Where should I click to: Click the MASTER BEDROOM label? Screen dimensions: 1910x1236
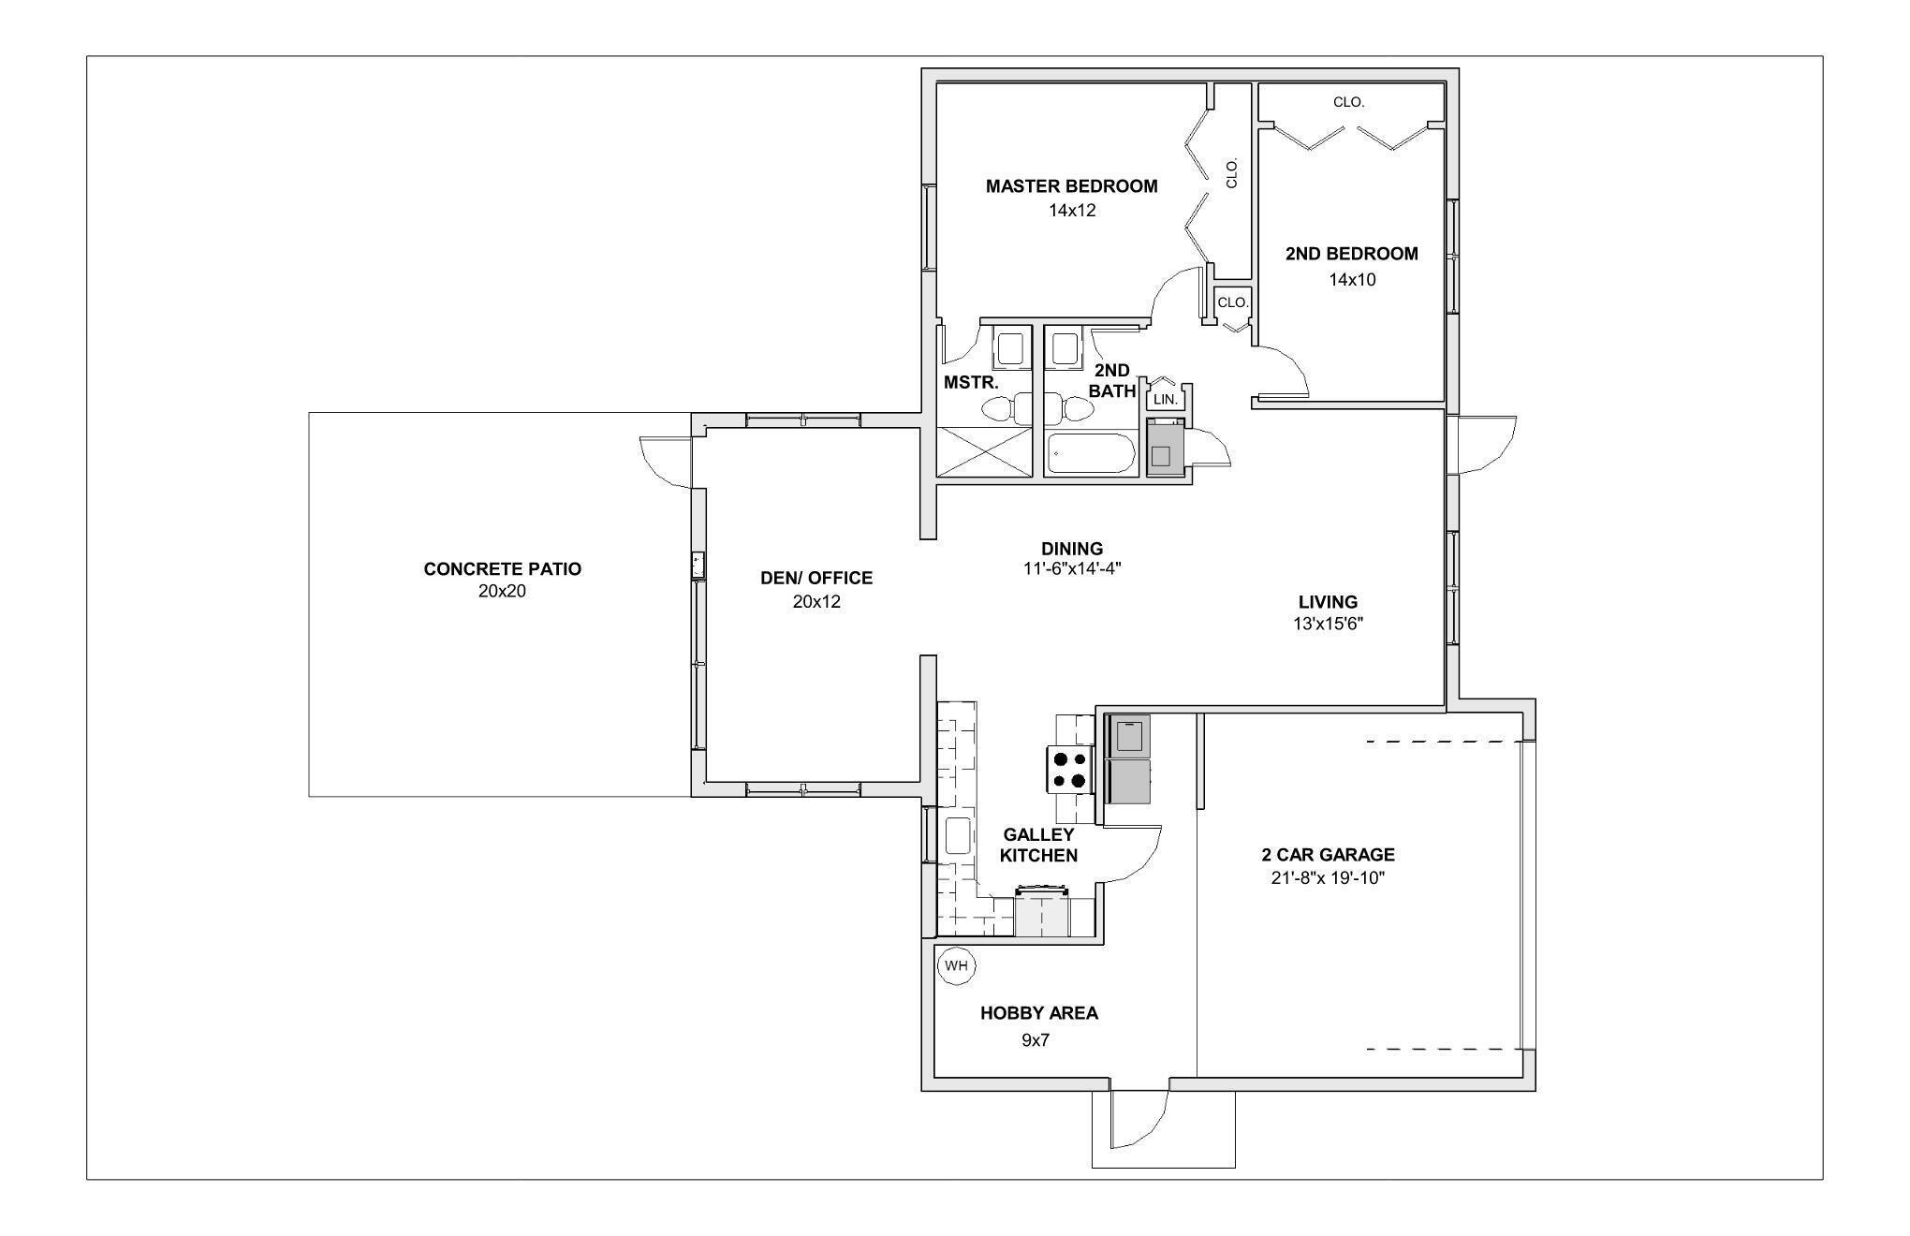[x=1071, y=186]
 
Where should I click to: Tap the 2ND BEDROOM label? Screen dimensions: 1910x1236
[x=1351, y=254]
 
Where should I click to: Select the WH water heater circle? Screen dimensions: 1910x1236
[x=956, y=965]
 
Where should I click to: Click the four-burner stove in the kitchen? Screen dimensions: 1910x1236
[x=1069, y=769]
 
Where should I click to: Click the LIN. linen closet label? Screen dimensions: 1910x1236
[x=1165, y=399]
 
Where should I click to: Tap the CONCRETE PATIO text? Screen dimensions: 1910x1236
[x=502, y=569]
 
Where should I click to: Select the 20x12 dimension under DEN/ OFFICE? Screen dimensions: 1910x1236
[x=816, y=602]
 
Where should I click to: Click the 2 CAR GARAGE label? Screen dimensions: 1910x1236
[x=1328, y=855]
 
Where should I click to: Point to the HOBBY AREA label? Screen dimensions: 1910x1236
[x=1039, y=1013]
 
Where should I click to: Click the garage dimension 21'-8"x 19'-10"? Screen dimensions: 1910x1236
[x=1328, y=878]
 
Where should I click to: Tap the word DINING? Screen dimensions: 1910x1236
[x=1072, y=549]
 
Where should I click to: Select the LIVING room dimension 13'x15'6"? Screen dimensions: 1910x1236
[x=1328, y=625]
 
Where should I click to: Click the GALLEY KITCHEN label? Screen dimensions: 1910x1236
[x=1038, y=845]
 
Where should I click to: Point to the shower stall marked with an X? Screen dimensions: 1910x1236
[x=984, y=452]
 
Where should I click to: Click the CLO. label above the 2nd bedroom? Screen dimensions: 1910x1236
[x=1349, y=102]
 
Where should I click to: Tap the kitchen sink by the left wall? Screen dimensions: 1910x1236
[x=957, y=835]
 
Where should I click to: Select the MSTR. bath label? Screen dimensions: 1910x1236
[x=971, y=383]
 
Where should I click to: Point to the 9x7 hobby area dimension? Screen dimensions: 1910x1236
[x=1036, y=1040]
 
